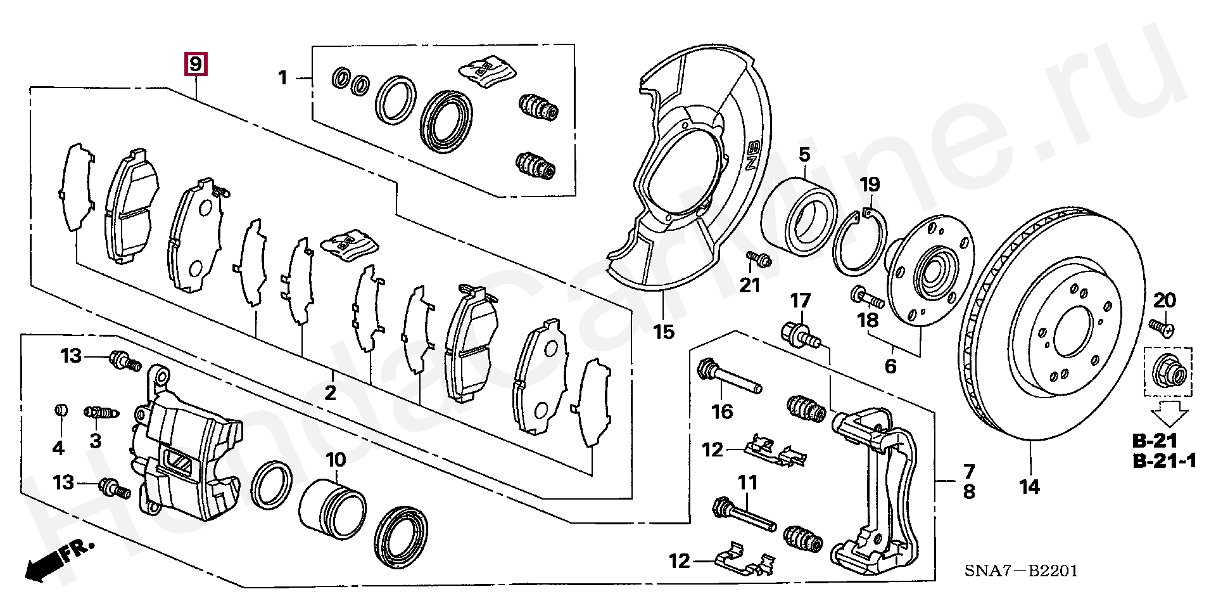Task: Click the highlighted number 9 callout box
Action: coord(195,64)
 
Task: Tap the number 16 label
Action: coord(722,411)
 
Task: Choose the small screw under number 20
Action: coord(1162,327)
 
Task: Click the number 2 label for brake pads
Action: coord(330,393)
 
